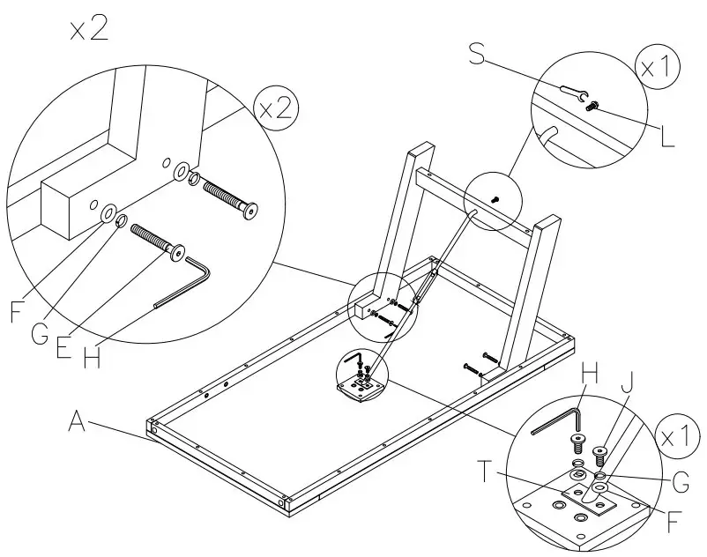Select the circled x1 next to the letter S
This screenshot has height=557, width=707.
tap(657, 69)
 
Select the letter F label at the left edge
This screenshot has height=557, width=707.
tap(16, 312)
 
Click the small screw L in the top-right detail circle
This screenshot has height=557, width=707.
tap(592, 105)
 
